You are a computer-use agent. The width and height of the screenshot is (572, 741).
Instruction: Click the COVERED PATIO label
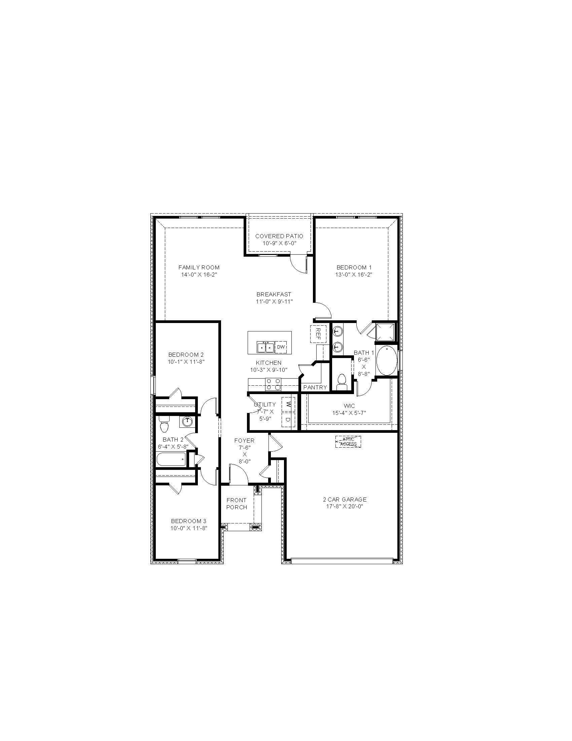(x=279, y=236)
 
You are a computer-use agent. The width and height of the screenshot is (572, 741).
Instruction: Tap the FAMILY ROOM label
(x=199, y=267)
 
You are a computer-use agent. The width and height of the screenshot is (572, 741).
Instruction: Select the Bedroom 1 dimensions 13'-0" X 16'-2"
(x=354, y=275)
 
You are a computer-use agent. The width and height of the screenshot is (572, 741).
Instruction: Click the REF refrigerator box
(x=318, y=334)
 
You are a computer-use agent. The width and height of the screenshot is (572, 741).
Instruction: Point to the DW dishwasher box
(x=281, y=347)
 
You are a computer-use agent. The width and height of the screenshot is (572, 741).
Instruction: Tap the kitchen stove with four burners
(x=273, y=384)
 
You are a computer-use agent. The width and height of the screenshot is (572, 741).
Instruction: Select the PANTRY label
(x=315, y=387)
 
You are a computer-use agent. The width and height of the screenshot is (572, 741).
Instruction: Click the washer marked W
(x=288, y=404)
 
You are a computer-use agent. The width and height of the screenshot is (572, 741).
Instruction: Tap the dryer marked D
(x=288, y=420)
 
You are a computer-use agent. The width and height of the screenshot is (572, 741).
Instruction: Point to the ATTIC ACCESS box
(x=348, y=442)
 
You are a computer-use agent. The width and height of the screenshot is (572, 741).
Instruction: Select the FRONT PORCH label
(x=237, y=504)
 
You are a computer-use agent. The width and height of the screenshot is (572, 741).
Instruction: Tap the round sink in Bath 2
(x=187, y=422)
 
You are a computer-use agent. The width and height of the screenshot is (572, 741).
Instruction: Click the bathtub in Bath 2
(x=172, y=459)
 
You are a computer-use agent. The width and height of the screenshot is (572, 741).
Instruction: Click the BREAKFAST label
(x=274, y=294)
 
